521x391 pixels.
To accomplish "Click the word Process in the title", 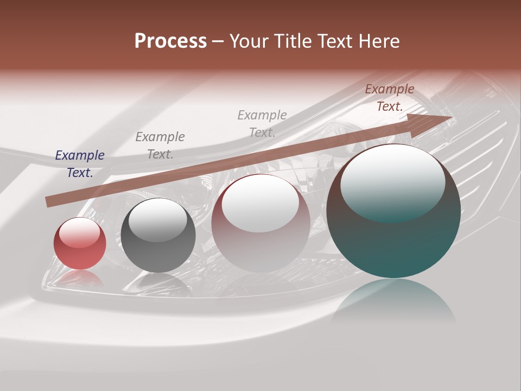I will (x=170, y=41).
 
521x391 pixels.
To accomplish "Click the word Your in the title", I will (x=250, y=41).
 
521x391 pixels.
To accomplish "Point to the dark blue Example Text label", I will (x=80, y=164).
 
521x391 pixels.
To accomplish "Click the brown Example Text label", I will (x=390, y=98).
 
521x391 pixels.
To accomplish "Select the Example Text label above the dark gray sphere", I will (x=160, y=146).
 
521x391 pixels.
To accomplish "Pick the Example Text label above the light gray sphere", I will (x=262, y=123).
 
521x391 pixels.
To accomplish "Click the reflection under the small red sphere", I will (x=79, y=279).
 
